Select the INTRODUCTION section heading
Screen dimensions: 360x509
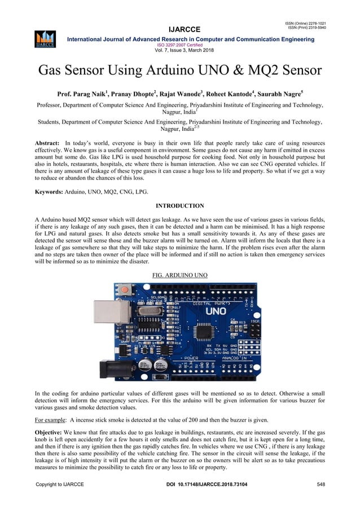tap(180, 206)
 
